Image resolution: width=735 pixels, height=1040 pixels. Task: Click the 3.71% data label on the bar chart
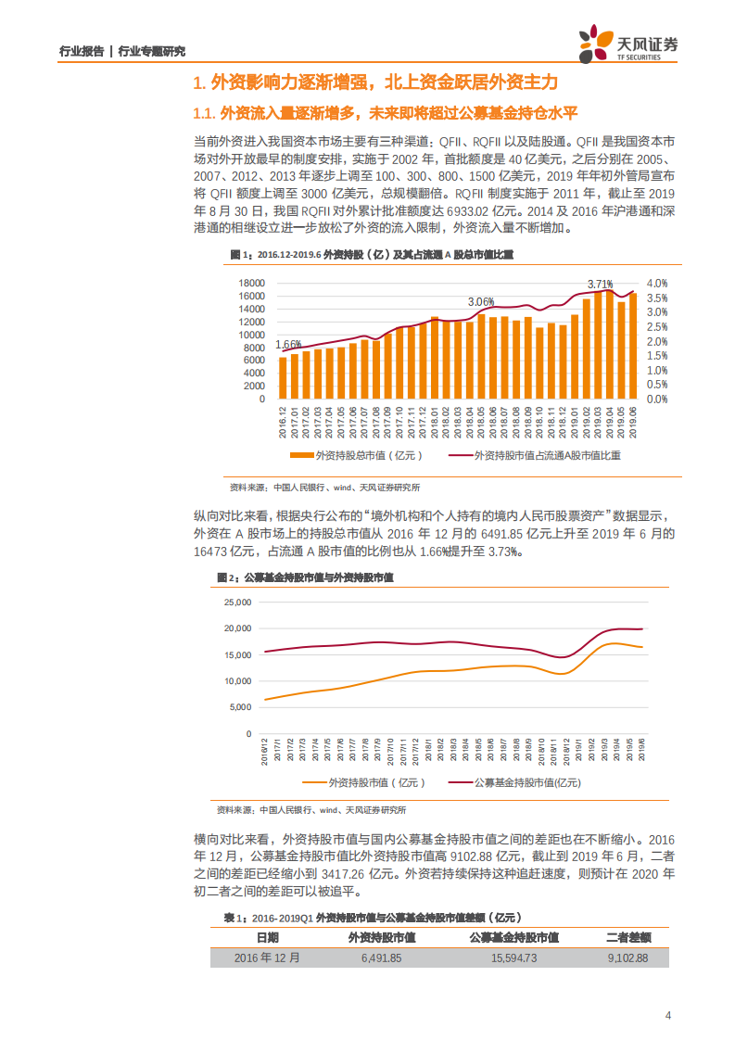(601, 284)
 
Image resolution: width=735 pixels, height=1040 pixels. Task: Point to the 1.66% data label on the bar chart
(289, 343)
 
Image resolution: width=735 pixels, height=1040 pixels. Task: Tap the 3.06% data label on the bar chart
(481, 302)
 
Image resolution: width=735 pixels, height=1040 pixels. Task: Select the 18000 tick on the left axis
(252, 283)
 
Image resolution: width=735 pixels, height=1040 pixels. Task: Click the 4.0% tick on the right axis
(657, 283)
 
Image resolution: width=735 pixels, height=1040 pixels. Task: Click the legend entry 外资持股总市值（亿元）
(356, 455)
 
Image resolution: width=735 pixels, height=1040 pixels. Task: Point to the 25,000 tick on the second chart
(238, 602)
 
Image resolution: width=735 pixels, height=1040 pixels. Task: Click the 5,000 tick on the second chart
(241, 707)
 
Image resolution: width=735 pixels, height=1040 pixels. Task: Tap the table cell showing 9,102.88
(627, 958)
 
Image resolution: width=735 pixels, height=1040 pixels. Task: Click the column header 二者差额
(627, 937)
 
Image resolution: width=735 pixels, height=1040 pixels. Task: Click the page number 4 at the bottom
(668, 1015)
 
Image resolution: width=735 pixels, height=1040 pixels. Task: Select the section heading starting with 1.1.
(385, 114)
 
